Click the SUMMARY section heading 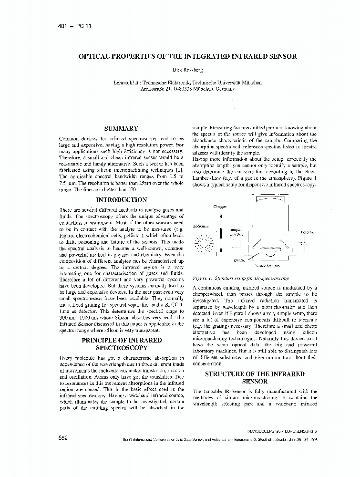[121, 128]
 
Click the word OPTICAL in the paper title [96, 56]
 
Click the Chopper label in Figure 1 [219, 207]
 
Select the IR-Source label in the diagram [199, 226]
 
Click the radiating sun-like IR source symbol [204, 244]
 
